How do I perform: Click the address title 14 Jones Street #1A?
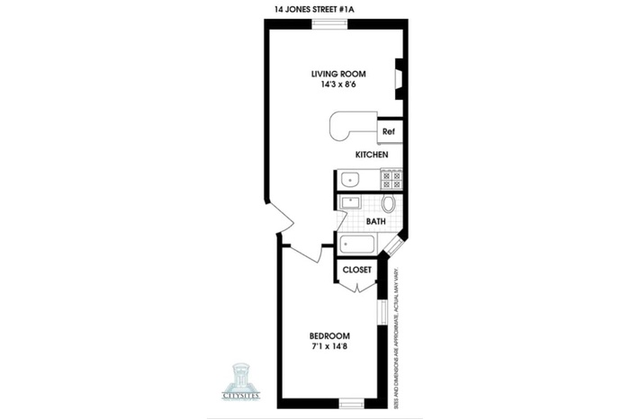(314, 10)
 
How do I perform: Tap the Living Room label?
(338, 74)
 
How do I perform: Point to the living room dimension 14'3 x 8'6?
(338, 85)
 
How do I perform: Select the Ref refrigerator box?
(389, 131)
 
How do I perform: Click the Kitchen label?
(372, 155)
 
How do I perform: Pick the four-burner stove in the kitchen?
(391, 179)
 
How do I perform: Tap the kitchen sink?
(349, 179)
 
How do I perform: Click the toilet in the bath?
(389, 204)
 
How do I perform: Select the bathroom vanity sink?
(351, 202)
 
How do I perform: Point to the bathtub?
(357, 244)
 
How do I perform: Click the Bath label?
(375, 221)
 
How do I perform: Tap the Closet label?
(356, 270)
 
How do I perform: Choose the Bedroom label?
(329, 335)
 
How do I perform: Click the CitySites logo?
(241, 381)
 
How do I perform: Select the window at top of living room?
(330, 24)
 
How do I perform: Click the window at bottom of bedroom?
(352, 404)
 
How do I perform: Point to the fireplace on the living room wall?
(399, 79)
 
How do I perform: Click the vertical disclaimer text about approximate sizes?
(398, 336)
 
